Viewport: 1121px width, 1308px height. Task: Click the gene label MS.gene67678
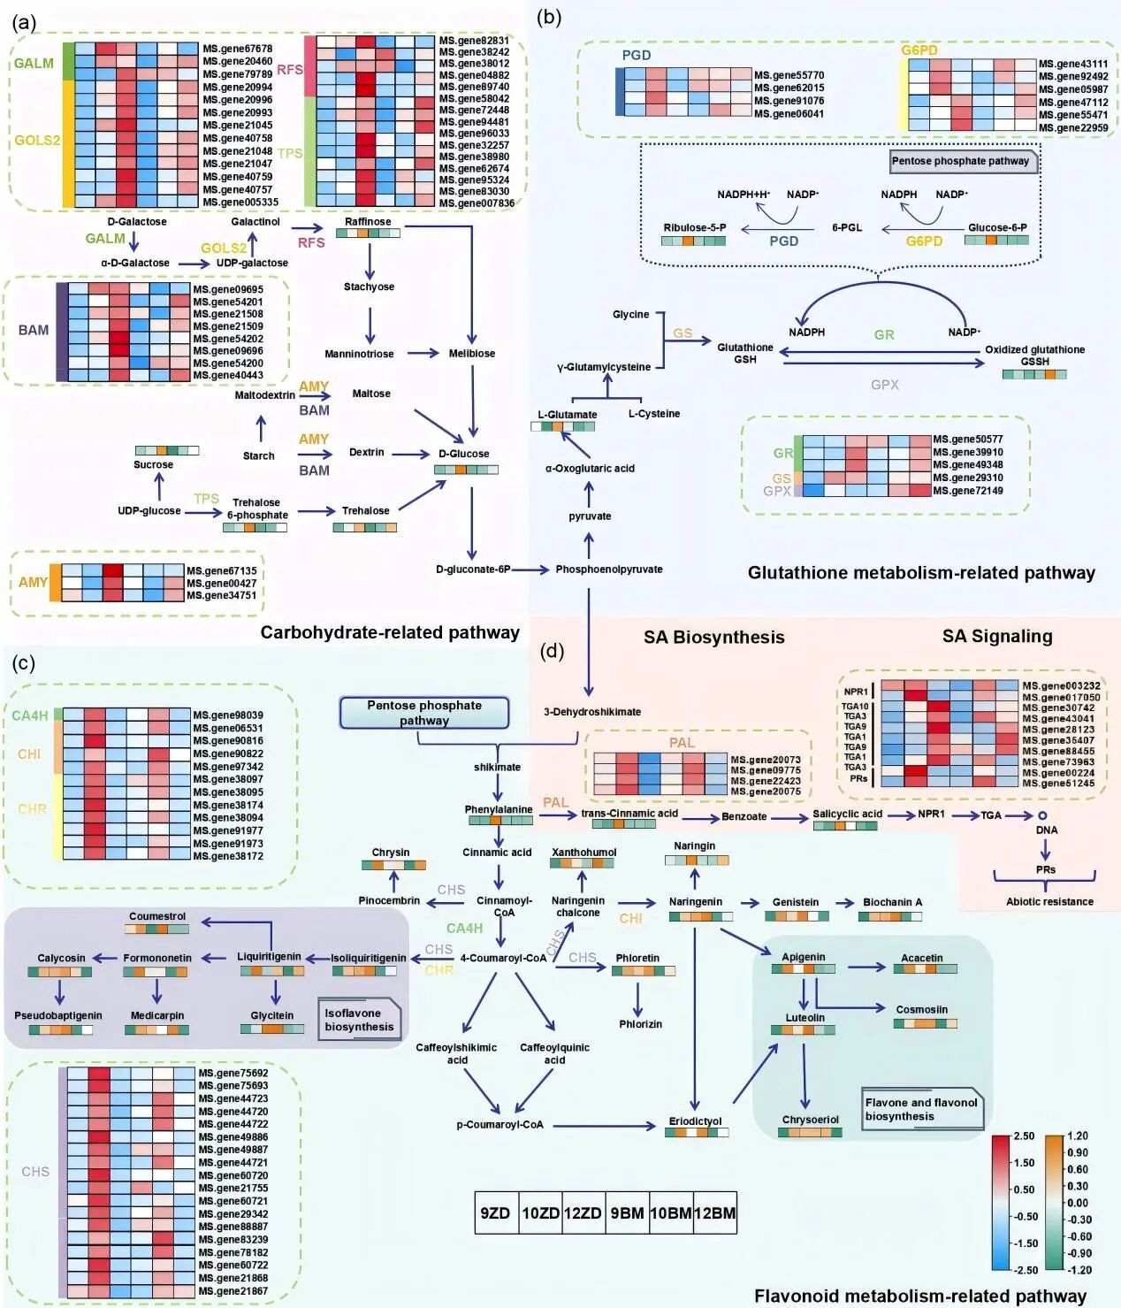tap(237, 49)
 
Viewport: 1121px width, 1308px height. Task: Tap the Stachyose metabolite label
tap(369, 287)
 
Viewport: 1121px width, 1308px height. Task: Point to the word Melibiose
tap(472, 353)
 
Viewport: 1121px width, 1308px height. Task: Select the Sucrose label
tap(153, 464)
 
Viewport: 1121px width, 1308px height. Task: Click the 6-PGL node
tap(846, 227)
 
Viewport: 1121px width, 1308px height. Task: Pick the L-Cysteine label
tap(654, 413)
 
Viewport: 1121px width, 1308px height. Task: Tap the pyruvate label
tap(590, 516)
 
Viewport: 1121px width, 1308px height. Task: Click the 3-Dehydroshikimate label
tap(592, 711)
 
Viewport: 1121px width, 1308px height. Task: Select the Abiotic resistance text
tap(1049, 901)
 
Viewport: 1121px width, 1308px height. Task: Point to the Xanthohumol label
tap(583, 852)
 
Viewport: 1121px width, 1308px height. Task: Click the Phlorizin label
tap(640, 1023)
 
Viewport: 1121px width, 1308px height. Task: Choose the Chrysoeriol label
tap(810, 1119)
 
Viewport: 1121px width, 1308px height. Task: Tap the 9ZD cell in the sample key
tap(495, 1212)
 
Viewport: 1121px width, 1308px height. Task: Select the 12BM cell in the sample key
tap(714, 1212)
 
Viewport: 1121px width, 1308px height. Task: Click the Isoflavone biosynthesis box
tap(359, 1020)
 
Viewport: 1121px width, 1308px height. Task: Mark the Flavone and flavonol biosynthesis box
tap(921, 1109)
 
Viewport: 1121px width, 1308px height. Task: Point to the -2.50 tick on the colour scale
tap(1024, 1270)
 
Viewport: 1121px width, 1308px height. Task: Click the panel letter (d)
tap(552, 652)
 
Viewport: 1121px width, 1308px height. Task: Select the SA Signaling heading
tap(996, 636)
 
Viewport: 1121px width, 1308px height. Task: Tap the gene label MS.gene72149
tap(968, 490)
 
